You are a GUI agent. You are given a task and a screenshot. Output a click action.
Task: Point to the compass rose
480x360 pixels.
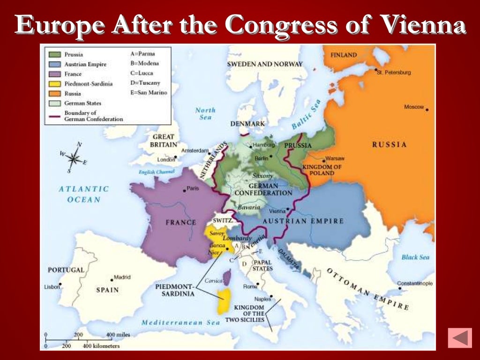pos(73,158)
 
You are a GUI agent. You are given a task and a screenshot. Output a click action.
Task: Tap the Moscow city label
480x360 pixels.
pos(413,107)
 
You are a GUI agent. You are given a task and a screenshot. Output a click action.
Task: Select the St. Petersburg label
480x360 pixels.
pos(395,73)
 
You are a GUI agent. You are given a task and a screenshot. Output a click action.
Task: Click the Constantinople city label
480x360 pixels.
pos(415,284)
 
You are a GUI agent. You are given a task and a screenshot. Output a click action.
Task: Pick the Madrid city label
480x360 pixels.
pos(121,277)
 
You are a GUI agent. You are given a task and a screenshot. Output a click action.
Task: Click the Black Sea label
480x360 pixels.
pos(415,257)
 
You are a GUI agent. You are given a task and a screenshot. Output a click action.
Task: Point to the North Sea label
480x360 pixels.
pos(205,113)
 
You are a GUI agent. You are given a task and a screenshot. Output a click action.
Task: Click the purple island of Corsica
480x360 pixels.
pos(227,277)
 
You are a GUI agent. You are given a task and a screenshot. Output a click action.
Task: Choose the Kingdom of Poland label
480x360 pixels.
pos(322,170)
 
